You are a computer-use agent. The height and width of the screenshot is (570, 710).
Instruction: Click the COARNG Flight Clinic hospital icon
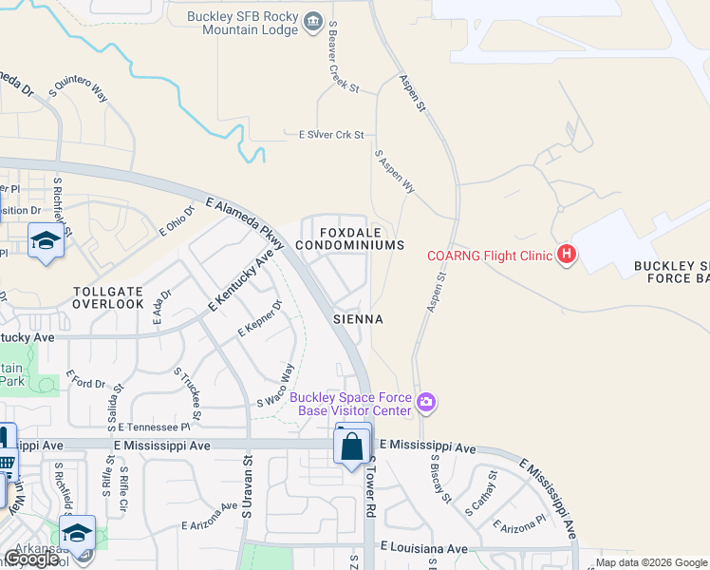click(567, 255)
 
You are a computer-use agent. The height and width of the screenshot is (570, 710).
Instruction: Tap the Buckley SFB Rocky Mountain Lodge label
click(242, 23)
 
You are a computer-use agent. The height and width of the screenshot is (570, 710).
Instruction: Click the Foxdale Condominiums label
click(349, 238)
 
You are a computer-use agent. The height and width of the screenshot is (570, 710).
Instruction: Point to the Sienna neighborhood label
click(358, 320)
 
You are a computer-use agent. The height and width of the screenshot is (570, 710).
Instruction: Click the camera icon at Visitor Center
click(426, 404)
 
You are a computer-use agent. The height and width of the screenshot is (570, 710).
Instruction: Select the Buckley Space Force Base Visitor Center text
click(350, 404)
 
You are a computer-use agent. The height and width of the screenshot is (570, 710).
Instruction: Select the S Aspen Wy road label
click(395, 171)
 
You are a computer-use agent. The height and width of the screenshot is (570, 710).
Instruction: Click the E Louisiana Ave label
click(423, 548)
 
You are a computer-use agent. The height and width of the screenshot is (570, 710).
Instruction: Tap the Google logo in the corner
click(31, 559)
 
